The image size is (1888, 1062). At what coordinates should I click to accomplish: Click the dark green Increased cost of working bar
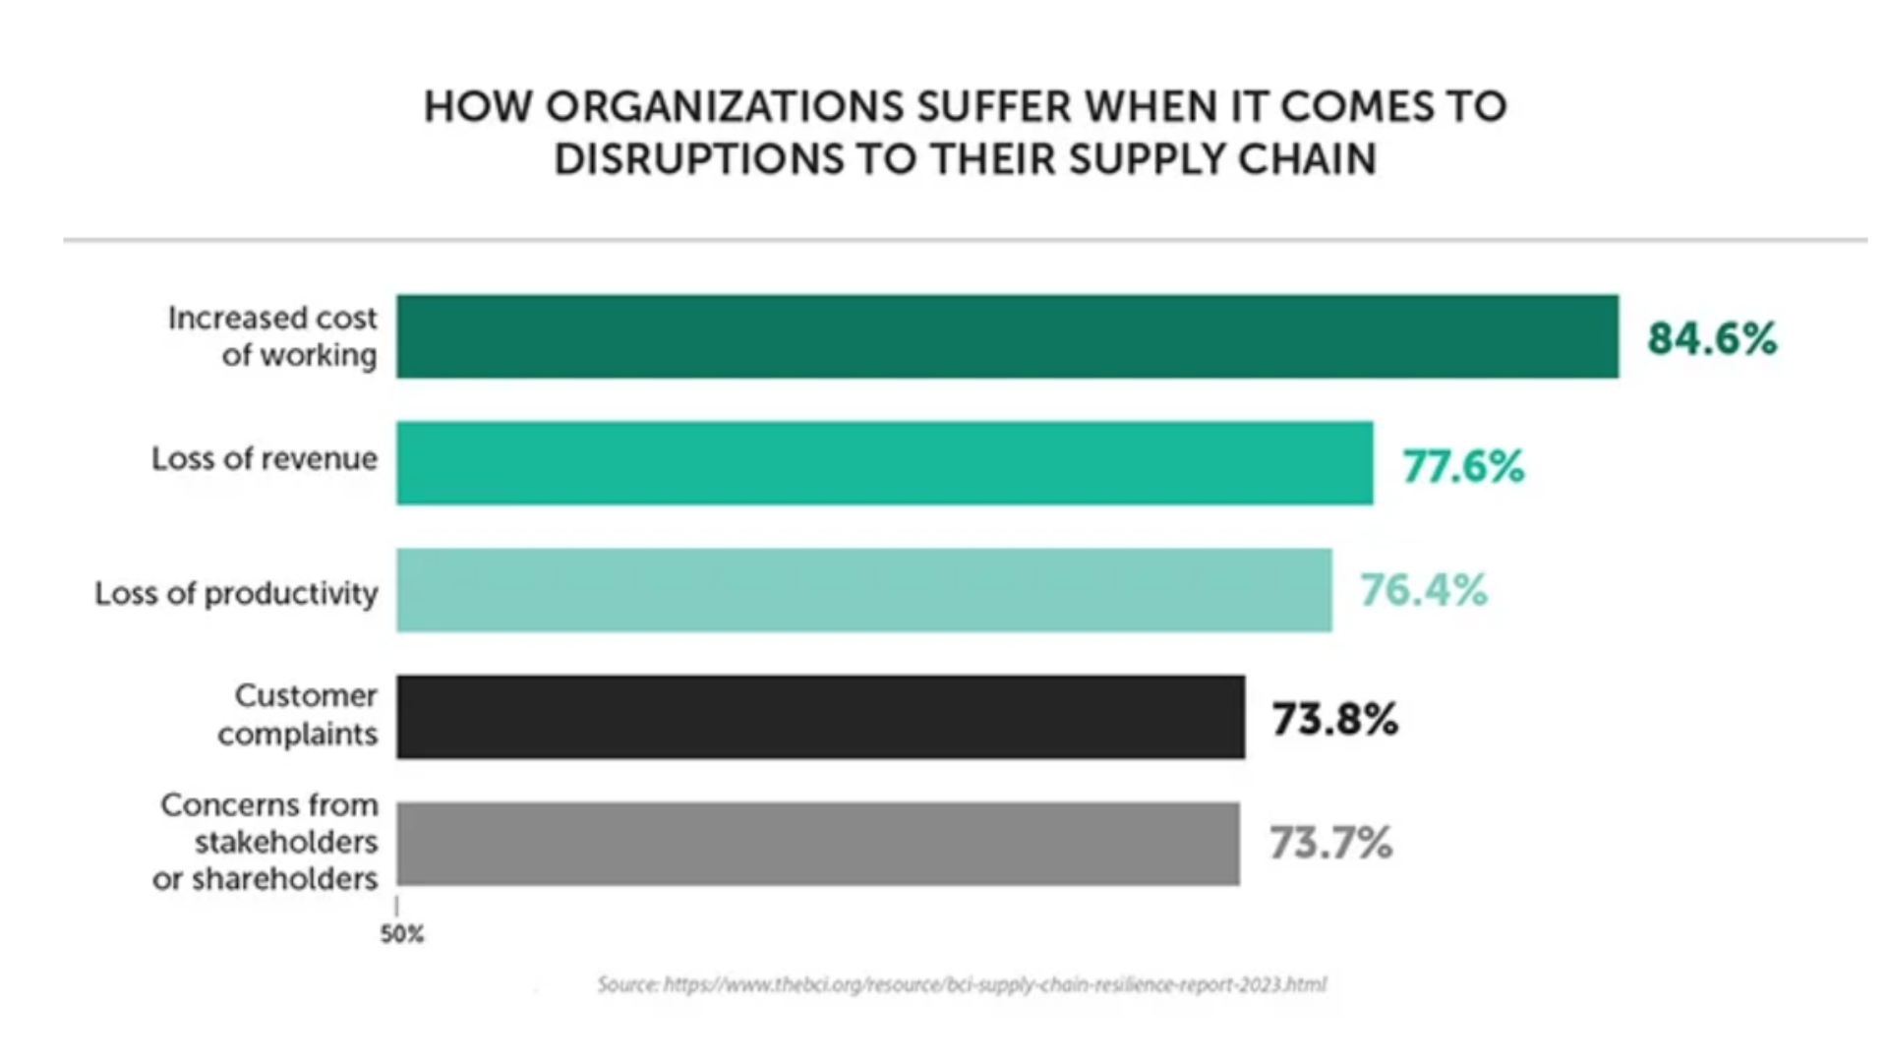(1007, 336)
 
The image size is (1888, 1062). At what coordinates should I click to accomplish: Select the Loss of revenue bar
(884, 463)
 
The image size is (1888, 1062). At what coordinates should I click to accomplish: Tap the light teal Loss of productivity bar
(863, 590)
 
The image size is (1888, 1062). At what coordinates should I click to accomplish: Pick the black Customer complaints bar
(820, 717)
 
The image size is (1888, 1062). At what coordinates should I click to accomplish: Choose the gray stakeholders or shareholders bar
(817, 844)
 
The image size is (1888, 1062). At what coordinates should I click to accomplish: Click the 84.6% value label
(1712, 338)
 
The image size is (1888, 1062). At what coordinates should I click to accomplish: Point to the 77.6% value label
(1463, 466)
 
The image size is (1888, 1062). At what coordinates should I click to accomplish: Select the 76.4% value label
(1423, 591)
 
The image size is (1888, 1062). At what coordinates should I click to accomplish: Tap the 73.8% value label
(1334, 719)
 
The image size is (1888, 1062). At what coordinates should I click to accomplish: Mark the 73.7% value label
(1330, 844)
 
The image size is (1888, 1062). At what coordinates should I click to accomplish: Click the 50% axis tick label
(402, 934)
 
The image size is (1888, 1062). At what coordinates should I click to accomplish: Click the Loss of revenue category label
(265, 459)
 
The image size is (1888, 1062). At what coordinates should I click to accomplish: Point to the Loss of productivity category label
(236, 594)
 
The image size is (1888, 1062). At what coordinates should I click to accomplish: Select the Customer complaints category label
(298, 715)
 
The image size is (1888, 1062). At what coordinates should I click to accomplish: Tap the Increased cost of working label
(272, 336)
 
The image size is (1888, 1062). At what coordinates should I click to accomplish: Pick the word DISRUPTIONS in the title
(698, 160)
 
